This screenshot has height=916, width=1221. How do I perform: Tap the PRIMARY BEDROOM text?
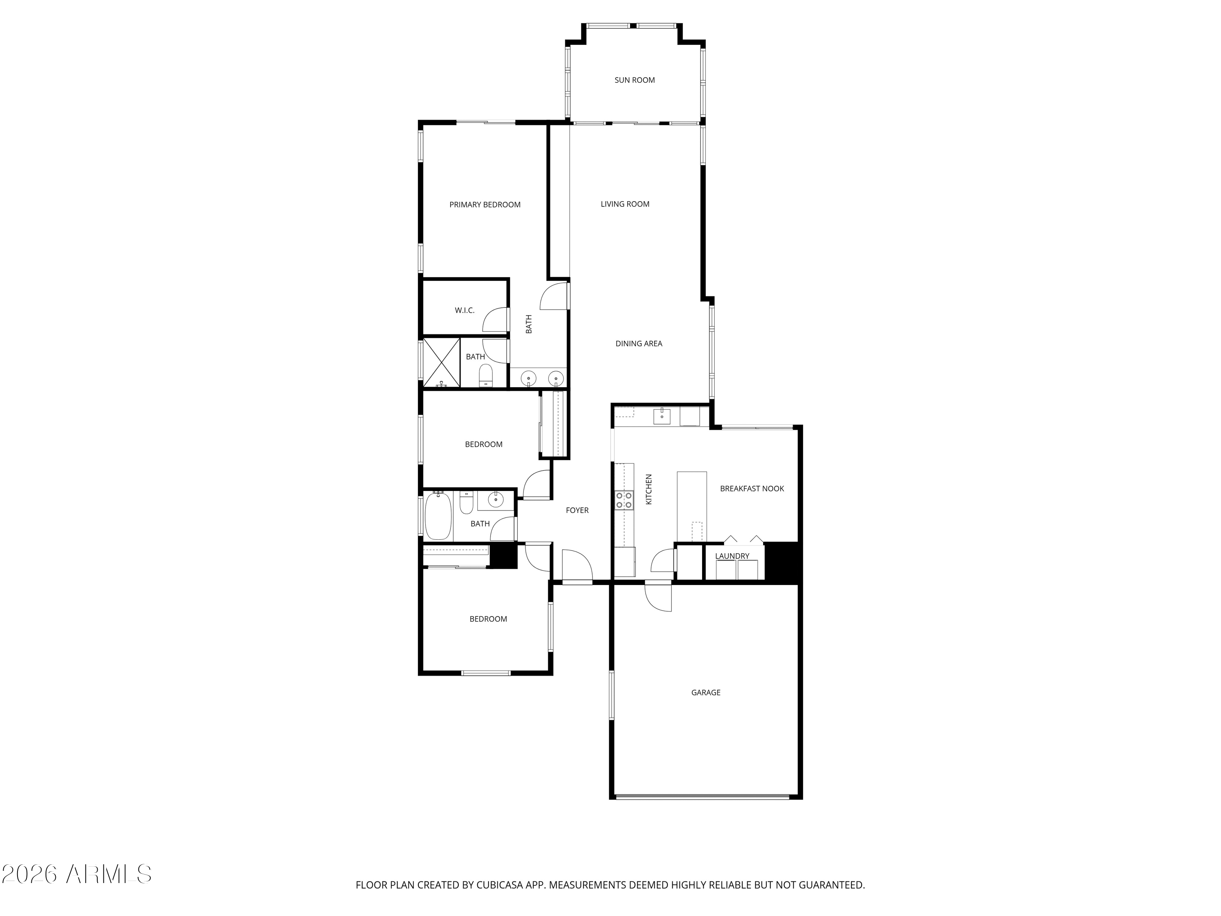pyautogui.click(x=485, y=205)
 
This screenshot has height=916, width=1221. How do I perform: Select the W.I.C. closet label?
pyautogui.click(x=464, y=310)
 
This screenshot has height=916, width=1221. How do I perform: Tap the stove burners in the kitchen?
pyautogui.click(x=624, y=500)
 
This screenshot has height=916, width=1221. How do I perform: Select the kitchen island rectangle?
pyautogui.click(x=691, y=506)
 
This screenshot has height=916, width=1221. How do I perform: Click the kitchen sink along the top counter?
pyautogui.click(x=662, y=416)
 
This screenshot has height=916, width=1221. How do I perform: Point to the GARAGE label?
pyautogui.click(x=705, y=692)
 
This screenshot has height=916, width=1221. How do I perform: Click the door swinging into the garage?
pyautogui.click(x=659, y=597)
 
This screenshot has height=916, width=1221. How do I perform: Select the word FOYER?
pyautogui.click(x=577, y=510)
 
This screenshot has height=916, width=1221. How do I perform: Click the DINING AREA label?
pyautogui.click(x=639, y=344)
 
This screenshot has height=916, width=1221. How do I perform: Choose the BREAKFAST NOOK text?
pyautogui.click(x=752, y=489)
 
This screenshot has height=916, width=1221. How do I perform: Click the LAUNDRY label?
pyautogui.click(x=732, y=556)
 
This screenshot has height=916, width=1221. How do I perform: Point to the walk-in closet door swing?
pyautogui.click(x=496, y=319)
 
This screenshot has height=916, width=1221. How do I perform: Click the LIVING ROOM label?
pyautogui.click(x=625, y=204)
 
